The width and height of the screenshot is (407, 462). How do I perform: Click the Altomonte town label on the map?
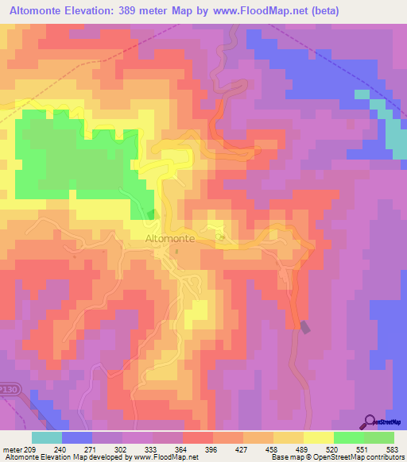click(x=168, y=237)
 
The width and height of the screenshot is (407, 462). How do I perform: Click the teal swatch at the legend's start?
click(x=47, y=437)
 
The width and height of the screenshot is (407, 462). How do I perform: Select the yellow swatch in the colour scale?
click(x=319, y=437)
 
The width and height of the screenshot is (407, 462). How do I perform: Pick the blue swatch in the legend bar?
click(x=77, y=437)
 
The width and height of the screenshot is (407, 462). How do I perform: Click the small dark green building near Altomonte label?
click(x=153, y=214)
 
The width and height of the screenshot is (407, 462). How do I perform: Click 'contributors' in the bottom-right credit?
click(x=385, y=457)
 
